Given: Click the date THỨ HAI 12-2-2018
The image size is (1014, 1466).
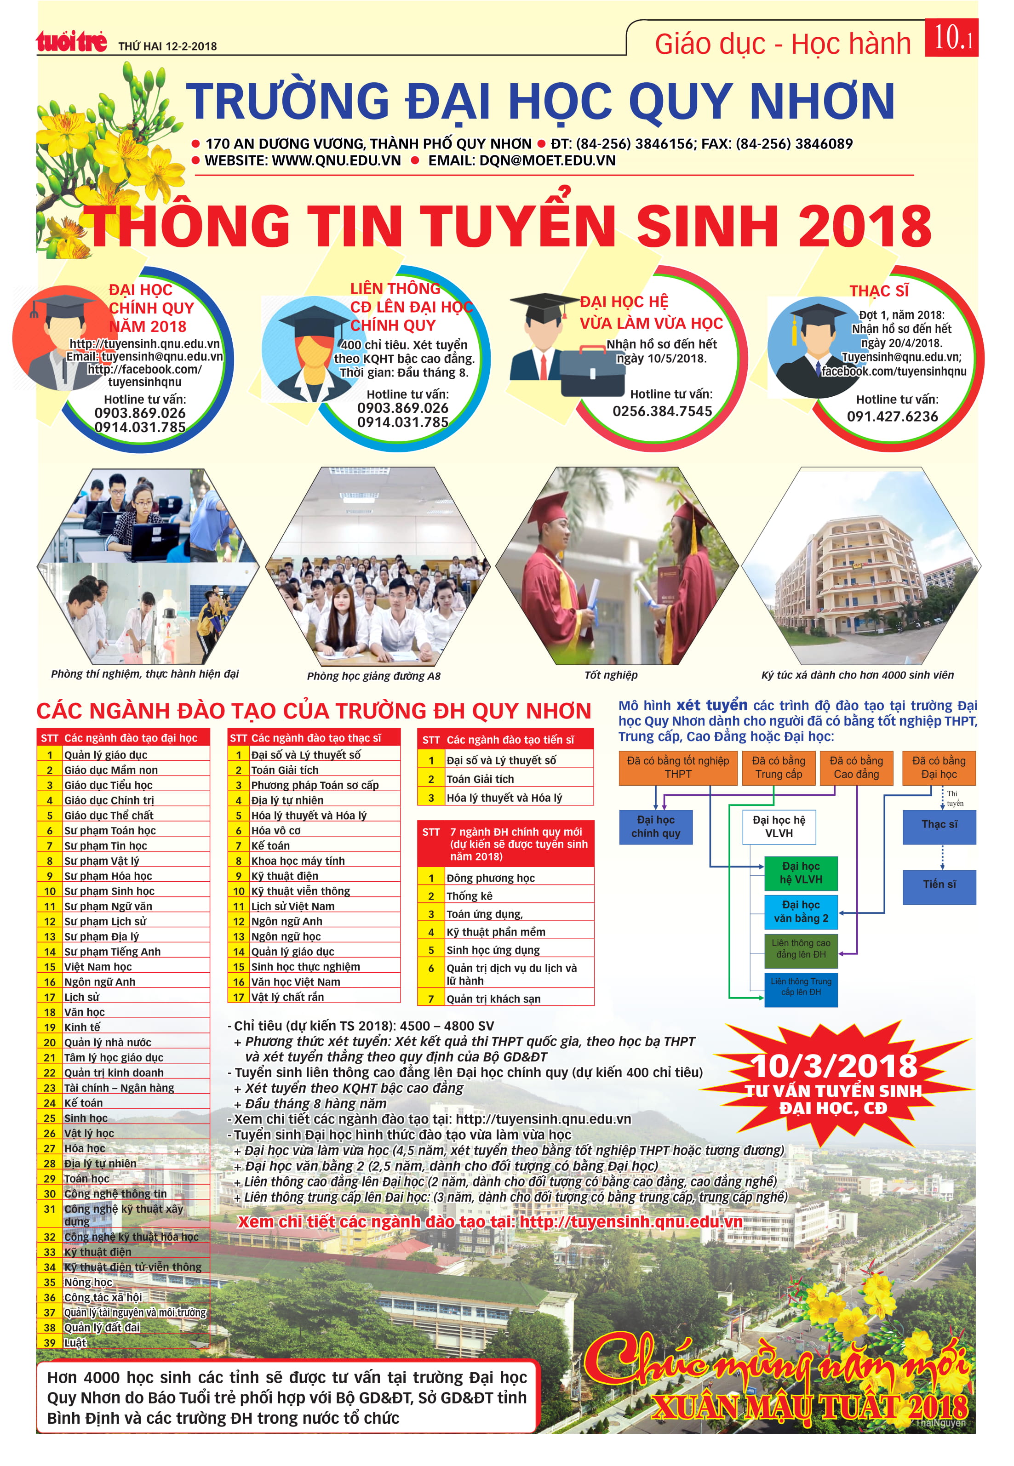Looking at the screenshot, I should point(168,46).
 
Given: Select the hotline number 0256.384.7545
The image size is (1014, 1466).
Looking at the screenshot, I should point(662,411).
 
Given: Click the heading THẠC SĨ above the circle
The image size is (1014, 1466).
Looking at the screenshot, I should point(879,291).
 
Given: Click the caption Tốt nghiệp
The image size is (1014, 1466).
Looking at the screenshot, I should point(611,675).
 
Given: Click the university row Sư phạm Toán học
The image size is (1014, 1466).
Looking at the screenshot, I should point(109,831).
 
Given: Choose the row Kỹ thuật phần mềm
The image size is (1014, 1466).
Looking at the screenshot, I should point(496,932).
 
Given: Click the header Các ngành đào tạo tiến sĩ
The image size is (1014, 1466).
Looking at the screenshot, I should point(510,740).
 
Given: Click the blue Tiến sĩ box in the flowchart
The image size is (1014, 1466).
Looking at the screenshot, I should point(939,885).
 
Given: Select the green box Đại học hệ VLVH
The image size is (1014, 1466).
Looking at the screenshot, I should point(801,873).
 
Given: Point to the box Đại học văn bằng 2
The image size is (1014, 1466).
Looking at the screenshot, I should point(801,912).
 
